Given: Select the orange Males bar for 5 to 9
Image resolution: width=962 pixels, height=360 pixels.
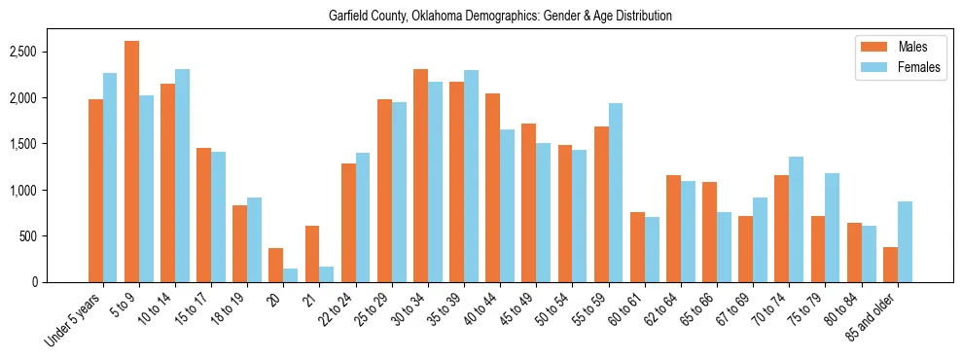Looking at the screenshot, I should pos(131,162).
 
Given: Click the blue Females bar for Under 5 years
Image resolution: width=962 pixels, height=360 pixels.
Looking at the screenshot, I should pos(110,177).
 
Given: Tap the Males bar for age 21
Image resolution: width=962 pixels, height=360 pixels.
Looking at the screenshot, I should pos(312,254).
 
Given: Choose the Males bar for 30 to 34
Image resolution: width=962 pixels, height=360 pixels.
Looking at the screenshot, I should pos(420,175).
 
